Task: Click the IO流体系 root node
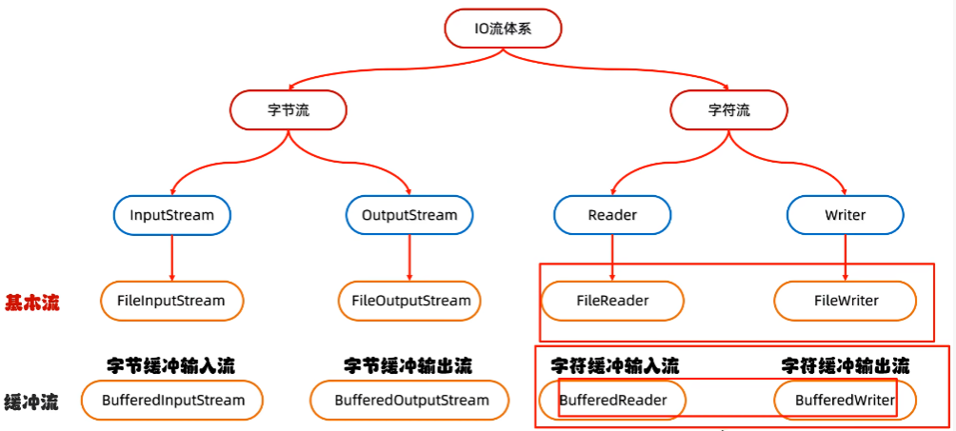[503, 29]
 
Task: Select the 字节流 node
[289, 110]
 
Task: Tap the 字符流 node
[728, 110]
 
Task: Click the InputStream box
[172, 215]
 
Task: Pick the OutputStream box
[409, 215]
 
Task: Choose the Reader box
[612, 215]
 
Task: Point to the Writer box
[845, 215]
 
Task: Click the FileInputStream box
[171, 301]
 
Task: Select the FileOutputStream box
[409, 301]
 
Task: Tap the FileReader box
[612, 301]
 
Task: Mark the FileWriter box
[846, 301]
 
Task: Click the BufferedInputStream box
[172, 401]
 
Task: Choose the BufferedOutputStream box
[411, 401]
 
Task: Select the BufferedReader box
[612, 401]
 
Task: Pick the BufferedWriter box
[846, 401]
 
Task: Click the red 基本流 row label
[31, 303]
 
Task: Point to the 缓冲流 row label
[31, 402]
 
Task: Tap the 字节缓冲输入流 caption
[170, 364]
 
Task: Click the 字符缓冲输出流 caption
[845, 364]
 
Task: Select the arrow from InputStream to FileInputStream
[172, 257]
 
